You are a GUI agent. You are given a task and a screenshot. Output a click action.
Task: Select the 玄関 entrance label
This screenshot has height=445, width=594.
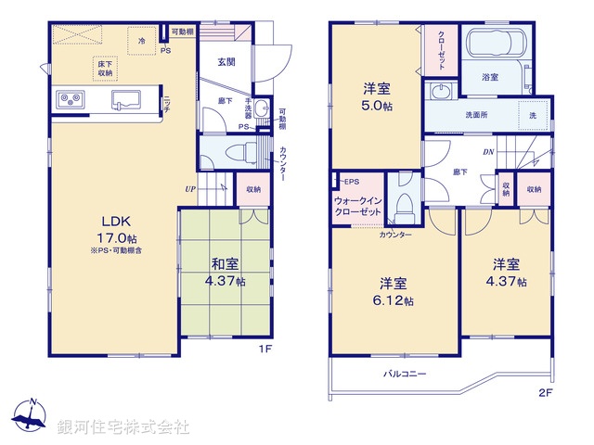pos(226,62)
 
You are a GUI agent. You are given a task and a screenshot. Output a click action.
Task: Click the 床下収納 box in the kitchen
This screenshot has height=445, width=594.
pos(103,68)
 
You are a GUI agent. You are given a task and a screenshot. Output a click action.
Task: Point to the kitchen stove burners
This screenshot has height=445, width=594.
pos(71,97)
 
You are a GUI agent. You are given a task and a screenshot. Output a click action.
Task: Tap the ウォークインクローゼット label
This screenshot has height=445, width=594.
pos(356,207)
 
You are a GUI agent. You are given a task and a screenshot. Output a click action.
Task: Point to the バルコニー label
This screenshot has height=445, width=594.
pos(406,374)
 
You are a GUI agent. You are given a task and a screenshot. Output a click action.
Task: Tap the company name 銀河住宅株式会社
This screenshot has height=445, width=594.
pos(123,427)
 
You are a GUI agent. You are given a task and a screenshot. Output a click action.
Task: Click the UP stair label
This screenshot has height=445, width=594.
pos(190,189)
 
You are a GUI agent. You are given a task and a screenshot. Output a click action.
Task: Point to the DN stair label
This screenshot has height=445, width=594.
pos(488,152)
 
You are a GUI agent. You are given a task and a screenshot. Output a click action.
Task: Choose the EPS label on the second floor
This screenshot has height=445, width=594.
pos(351,182)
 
